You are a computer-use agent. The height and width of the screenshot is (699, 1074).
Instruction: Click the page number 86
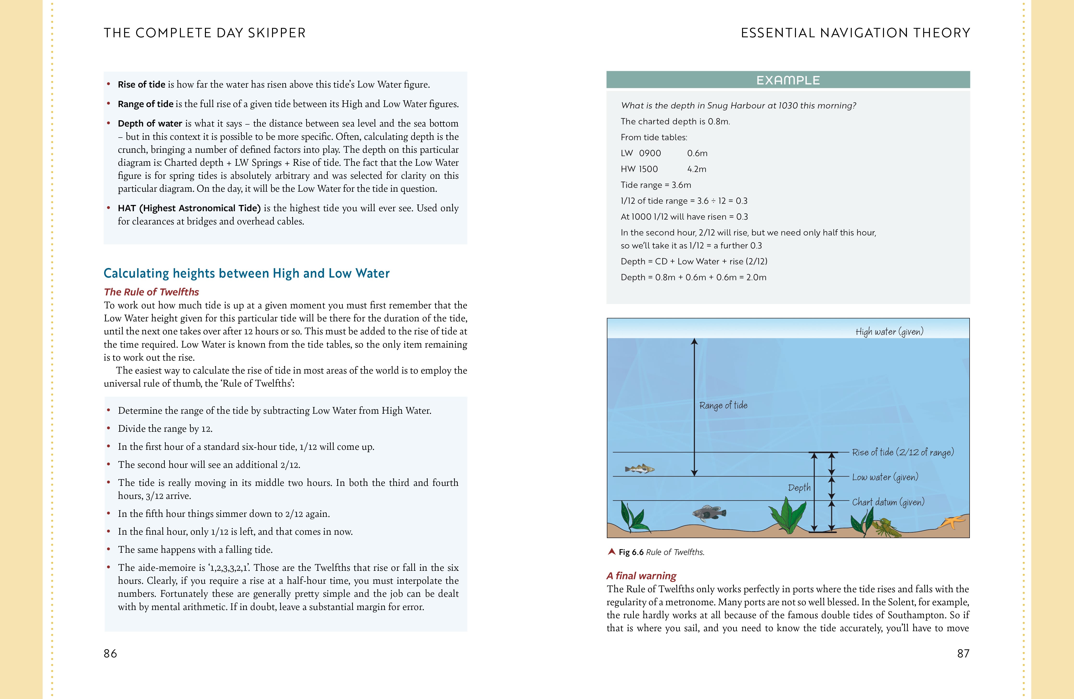[x=110, y=654]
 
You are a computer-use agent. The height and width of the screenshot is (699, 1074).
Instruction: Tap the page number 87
[x=963, y=654]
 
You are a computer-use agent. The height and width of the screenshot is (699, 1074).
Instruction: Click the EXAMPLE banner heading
[x=788, y=80]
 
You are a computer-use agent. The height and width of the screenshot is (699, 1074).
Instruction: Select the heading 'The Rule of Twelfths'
[x=151, y=292]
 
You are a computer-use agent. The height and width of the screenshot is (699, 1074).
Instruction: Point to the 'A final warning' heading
[x=641, y=576]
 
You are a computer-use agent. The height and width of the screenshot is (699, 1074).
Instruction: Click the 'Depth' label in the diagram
[x=799, y=488]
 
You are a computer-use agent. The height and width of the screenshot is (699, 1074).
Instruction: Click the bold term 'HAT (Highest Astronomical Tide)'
[x=189, y=208]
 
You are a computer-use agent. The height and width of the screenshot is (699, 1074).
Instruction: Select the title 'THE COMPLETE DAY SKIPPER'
[x=204, y=33]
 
